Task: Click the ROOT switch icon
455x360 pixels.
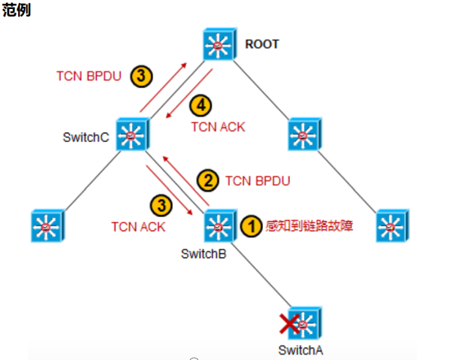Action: pyautogui.click(x=220, y=44)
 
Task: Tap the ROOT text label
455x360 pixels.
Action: pyautogui.click(x=262, y=44)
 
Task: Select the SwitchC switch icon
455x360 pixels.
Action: pyautogui.click(x=133, y=134)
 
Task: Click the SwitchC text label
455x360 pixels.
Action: pyautogui.click(x=86, y=138)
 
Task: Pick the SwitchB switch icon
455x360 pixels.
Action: pyautogui.click(x=221, y=225)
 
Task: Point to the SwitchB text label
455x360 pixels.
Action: pyautogui.click(x=203, y=254)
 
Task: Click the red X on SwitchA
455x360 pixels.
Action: pyautogui.click(x=289, y=323)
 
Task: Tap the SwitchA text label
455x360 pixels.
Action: pyautogui.click(x=300, y=350)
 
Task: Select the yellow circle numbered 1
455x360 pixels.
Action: pyautogui.click(x=252, y=226)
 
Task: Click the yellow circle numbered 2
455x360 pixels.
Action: pyautogui.click(x=207, y=180)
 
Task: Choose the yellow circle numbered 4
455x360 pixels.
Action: pyautogui.click(x=200, y=105)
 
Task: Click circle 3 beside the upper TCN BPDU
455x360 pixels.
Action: pyautogui.click(x=141, y=76)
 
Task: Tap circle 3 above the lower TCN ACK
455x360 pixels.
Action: pyautogui.click(x=161, y=205)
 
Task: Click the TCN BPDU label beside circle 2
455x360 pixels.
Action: pyautogui.click(x=258, y=180)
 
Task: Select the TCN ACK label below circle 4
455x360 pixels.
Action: pyautogui.click(x=218, y=127)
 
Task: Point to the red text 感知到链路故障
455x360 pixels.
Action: pyautogui.click(x=309, y=225)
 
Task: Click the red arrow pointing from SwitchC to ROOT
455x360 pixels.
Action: pyautogui.click(x=164, y=87)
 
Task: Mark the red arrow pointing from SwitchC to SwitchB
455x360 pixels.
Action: pyautogui.click(x=169, y=190)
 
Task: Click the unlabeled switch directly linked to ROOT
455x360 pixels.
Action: pyautogui.click(x=305, y=134)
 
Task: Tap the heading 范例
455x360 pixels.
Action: pyautogui.click(x=17, y=11)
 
